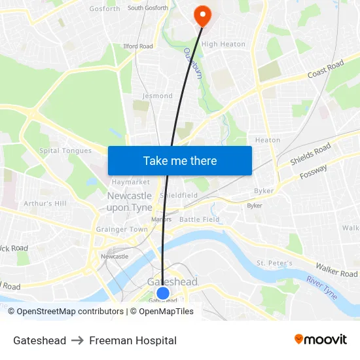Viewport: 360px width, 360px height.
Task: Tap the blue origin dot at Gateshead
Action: point(162,293)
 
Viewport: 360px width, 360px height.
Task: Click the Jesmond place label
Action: point(157,96)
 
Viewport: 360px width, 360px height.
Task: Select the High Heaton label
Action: point(223,45)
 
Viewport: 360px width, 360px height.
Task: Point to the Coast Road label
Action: point(325,69)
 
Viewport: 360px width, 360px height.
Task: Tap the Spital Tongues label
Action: point(66,151)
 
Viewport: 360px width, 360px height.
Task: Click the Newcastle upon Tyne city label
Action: point(129,202)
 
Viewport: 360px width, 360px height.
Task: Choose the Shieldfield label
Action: point(179,195)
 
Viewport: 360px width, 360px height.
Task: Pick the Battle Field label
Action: point(199,219)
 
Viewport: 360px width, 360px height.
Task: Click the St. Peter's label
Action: point(274,263)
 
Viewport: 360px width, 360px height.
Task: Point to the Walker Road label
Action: point(336,270)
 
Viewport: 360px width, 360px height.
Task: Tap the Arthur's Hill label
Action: point(45,204)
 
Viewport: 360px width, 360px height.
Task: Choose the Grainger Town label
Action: point(122,230)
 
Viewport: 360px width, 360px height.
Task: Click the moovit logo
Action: point(320,340)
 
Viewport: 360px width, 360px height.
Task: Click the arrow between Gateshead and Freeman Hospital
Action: point(77,340)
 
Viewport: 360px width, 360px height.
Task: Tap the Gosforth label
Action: point(105,9)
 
